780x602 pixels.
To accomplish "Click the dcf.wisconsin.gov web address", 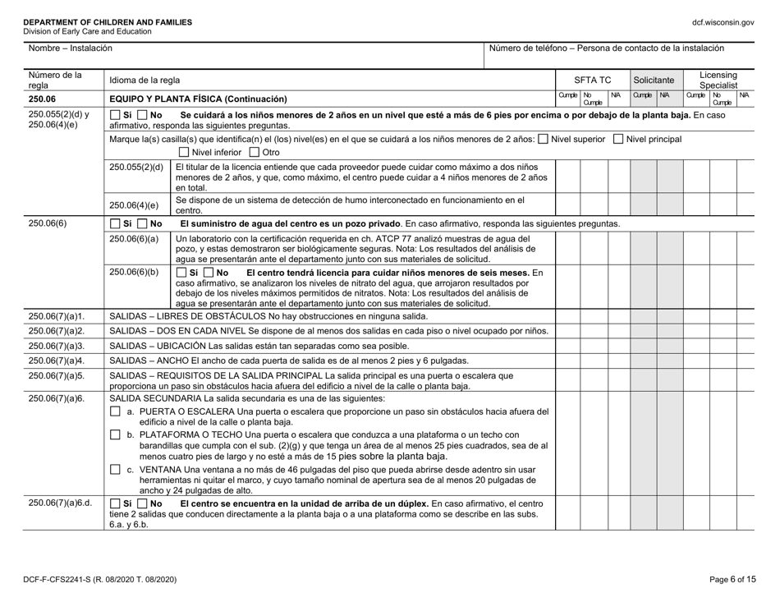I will tap(724, 22).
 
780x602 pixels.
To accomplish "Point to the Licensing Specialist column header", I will tap(720, 80).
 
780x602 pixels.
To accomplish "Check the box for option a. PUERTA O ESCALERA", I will tap(115, 410).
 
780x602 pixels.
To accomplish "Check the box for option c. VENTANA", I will tap(115, 469).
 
